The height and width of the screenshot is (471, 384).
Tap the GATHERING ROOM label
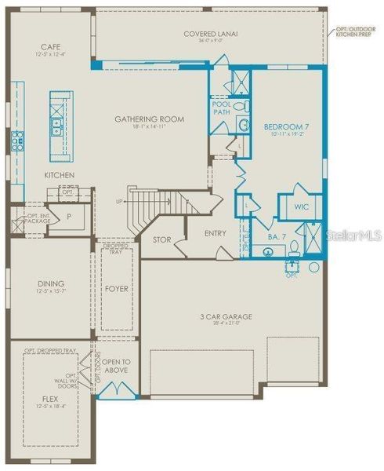[149, 119]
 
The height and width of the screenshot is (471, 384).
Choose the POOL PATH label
[220, 108]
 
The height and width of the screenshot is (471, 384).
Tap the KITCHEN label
[59, 174]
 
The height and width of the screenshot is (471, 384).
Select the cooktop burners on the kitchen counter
[17, 141]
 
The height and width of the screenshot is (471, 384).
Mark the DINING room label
[50, 283]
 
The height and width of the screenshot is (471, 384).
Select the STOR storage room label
[161, 239]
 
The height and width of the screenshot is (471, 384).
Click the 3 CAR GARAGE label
[226, 316]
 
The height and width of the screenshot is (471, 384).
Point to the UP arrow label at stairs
[119, 201]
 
